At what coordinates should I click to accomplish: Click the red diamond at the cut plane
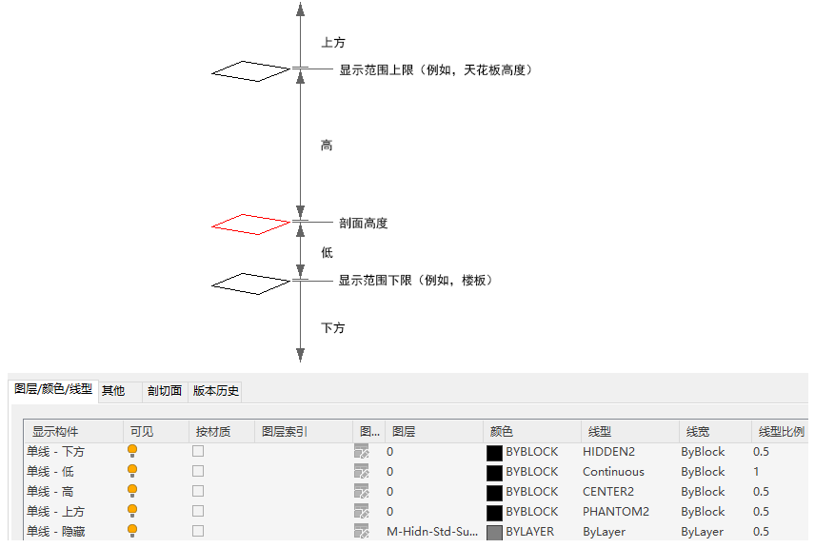coord(250,224)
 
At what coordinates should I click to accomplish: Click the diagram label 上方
coord(333,43)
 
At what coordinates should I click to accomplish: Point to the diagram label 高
coord(327,146)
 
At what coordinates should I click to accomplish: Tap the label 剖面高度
coord(364,224)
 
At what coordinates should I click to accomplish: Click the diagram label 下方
coord(333,328)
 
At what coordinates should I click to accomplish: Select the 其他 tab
coord(113,390)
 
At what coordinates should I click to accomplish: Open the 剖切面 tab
coord(164,390)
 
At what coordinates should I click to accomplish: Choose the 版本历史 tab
coord(216,390)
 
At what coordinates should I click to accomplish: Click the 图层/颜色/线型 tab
coord(53,389)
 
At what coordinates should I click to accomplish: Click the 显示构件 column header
coord(55,432)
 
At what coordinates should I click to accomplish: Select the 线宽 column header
coord(695,432)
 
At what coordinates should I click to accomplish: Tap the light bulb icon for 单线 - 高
coord(132,491)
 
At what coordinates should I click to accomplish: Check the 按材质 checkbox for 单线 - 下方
coord(198,452)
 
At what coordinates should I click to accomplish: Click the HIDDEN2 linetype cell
coord(609,452)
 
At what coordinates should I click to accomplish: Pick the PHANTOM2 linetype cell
coord(614,512)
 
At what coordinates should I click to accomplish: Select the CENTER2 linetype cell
coord(608,492)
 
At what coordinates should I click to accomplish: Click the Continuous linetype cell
coord(613,472)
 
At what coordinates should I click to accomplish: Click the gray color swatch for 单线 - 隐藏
coord(494,532)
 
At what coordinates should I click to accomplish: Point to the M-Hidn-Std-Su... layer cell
coord(432,532)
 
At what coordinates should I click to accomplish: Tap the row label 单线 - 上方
coord(55,512)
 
